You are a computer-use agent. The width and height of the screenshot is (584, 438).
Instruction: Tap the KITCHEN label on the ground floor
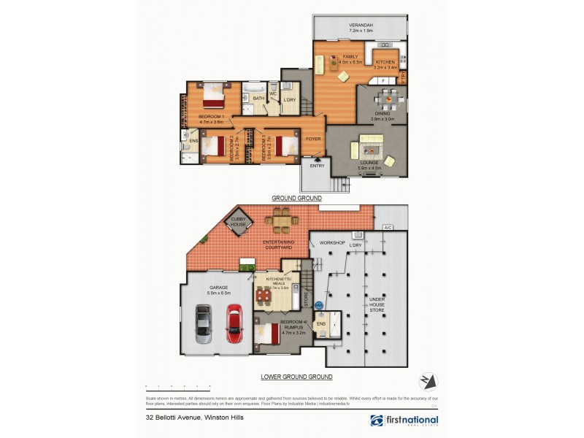(385, 62)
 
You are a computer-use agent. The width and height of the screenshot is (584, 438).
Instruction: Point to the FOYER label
(314, 138)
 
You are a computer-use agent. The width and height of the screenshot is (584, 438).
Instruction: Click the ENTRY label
(317, 166)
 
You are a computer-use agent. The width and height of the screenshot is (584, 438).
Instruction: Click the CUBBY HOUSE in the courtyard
(239, 224)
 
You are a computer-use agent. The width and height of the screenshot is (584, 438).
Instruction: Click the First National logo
(404, 420)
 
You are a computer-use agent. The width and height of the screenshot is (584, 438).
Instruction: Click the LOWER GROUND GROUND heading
(296, 377)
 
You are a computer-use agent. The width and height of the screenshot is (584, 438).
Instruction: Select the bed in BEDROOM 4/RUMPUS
(267, 334)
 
